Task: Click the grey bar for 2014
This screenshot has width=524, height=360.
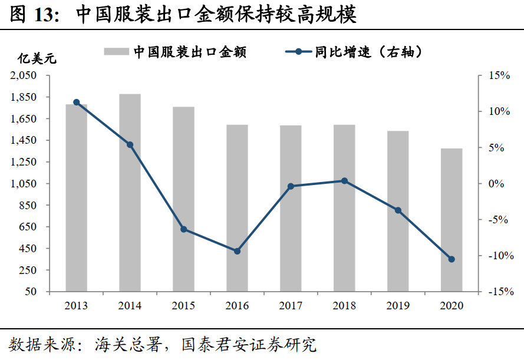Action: tap(130, 193)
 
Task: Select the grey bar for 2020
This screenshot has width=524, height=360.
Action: tap(452, 220)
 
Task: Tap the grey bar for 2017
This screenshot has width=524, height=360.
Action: tap(291, 208)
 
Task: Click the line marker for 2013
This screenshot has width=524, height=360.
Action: tap(77, 103)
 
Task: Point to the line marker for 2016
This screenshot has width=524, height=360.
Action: tap(237, 251)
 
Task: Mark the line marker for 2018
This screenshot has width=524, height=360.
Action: tap(344, 181)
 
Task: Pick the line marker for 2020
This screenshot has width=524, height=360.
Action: tap(452, 259)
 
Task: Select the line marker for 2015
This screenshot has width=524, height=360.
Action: tap(183, 229)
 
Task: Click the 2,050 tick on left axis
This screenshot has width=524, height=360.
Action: tap(24, 75)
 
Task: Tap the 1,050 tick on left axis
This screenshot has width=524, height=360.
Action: tap(24, 184)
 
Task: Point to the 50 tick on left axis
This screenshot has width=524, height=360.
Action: tap(31, 292)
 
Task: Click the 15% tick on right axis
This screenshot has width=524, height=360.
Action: tap(498, 75)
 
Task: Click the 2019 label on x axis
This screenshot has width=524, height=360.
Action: tap(398, 306)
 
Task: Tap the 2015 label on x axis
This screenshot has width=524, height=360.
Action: tap(183, 306)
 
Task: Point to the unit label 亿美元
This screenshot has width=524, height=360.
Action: tap(36, 59)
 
